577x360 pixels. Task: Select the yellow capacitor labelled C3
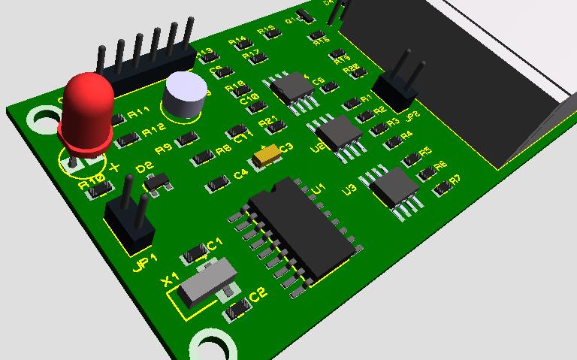(267, 155)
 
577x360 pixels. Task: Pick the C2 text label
(258, 295)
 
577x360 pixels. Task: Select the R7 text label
(455, 180)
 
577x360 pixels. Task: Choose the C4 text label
(240, 175)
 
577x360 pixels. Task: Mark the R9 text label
(163, 147)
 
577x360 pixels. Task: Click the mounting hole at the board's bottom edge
(213, 347)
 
